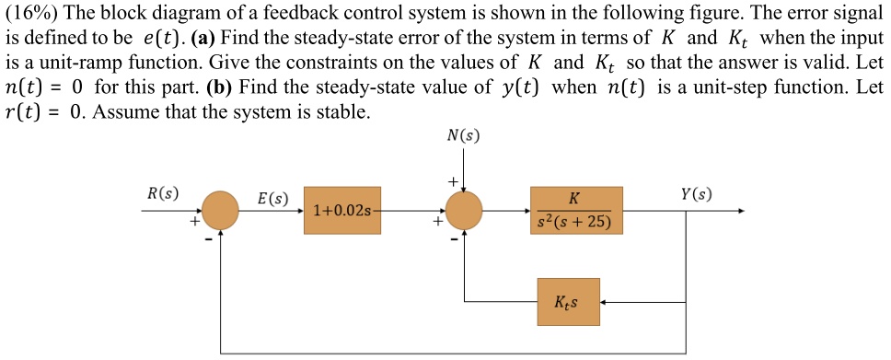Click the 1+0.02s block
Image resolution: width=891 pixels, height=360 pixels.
tap(341, 211)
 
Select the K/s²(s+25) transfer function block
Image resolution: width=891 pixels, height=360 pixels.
tap(575, 210)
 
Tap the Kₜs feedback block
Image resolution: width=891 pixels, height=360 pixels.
tap(568, 301)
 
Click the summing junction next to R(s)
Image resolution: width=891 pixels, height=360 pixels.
tap(221, 211)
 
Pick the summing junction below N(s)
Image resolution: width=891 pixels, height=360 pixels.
tap(464, 211)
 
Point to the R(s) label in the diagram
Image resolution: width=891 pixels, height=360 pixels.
tap(163, 193)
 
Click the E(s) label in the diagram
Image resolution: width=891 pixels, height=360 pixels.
tap(272, 198)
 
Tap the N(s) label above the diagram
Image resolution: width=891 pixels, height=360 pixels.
tap(463, 135)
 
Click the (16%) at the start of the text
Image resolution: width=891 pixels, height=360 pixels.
tap(31, 13)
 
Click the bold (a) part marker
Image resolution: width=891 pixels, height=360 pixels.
tap(202, 39)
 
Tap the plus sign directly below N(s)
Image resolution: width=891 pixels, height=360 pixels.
tap(452, 181)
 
